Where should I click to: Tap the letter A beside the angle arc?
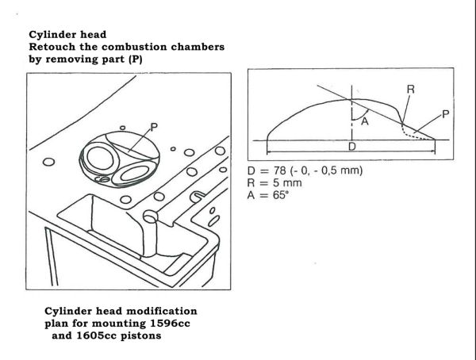(364, 121)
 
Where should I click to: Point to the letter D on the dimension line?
(352, 147)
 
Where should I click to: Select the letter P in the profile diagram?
(445, 114)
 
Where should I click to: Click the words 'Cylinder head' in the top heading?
(65, 35)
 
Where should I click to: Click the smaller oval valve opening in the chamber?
(133, 170)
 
